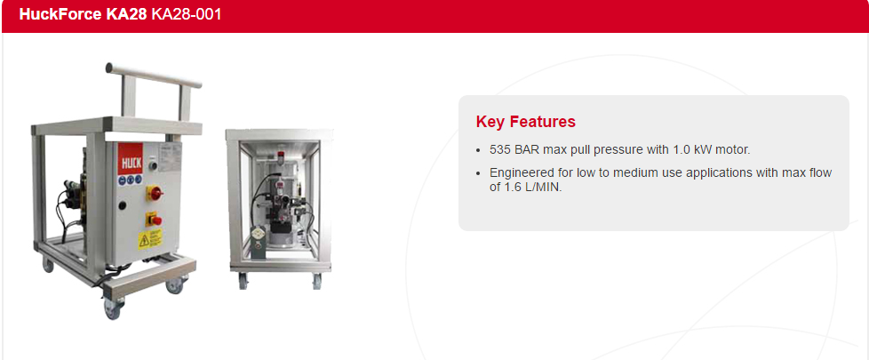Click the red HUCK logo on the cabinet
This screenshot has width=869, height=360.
click(x=131, y=159)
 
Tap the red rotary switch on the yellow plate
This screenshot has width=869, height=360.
click(x=154, y=194)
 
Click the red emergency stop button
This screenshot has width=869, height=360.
click(x=155, y=220)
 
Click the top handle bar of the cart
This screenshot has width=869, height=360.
click(x=154, y=76)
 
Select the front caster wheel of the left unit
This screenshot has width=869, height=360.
click(x=113, y=308)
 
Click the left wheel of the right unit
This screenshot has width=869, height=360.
click(x=243, y=281)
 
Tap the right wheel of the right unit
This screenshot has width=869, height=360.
click(x=316, y=282)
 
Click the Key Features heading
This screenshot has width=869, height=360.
click(x=525, y=122)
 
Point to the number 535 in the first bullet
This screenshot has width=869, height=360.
click(x=498, y=149)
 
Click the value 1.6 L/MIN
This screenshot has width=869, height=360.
click(x=532, y=188)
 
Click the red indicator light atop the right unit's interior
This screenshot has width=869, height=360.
click(x=281, y=155)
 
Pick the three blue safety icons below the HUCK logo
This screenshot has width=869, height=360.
click(x=131, y=180)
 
